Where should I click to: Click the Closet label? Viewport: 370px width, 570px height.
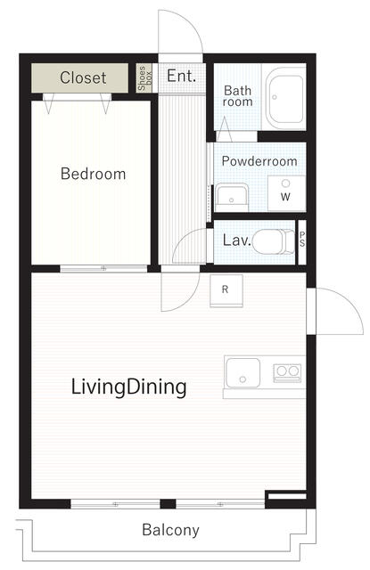click(x=83, y=77)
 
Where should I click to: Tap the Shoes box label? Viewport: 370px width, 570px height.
click(x=144, y=77)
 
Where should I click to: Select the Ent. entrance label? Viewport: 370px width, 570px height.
click(x=181, y=76)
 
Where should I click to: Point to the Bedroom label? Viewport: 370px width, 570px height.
click(x=93, y=174)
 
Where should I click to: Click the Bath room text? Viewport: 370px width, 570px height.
click(x=237, y=95)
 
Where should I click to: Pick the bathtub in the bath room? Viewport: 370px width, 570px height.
click(x=285, y=98)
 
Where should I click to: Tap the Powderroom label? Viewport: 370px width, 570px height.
click(x=259, y=161)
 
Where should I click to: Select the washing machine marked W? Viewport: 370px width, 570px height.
click(x=286, y=193)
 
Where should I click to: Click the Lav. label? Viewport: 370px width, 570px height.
click(x=237, y=240)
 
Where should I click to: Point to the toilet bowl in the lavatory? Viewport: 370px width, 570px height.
click(x=273, y=241)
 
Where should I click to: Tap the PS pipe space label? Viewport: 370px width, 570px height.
click(x=302, y=240)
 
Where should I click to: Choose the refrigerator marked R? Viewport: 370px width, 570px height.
click(x=226, y=290)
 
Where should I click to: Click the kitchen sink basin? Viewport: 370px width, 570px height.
click(x=243, y=373)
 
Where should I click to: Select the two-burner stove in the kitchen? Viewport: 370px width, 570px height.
click(x=287, y=372)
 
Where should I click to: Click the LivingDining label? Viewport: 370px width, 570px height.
click(x=128, y=387)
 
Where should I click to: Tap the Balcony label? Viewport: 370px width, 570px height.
click(x=170, y=530)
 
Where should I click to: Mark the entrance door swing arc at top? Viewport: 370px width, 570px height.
click(x=189, y=22)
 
